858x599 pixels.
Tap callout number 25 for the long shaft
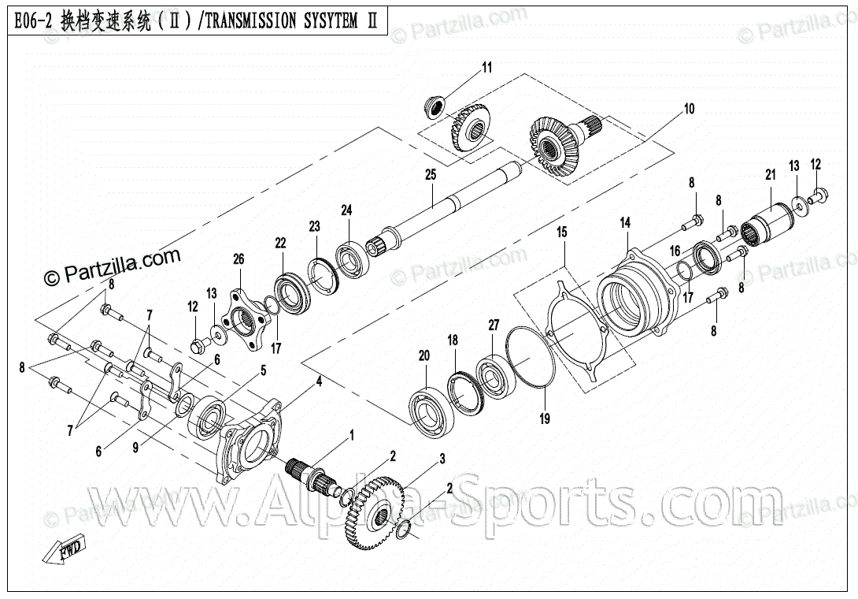[431, 174]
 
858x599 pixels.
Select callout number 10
[689, 110]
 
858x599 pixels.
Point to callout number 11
[486, 68]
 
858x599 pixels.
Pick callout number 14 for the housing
[625, 224]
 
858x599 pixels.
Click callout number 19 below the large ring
[544, 419]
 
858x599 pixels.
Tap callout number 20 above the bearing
[424, 356]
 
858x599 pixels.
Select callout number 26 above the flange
[239, 259]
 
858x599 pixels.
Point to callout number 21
[771, 175]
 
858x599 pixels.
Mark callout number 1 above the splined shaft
[352, 434]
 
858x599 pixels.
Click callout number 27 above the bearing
[494, 325]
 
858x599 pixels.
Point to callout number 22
[280, 243]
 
